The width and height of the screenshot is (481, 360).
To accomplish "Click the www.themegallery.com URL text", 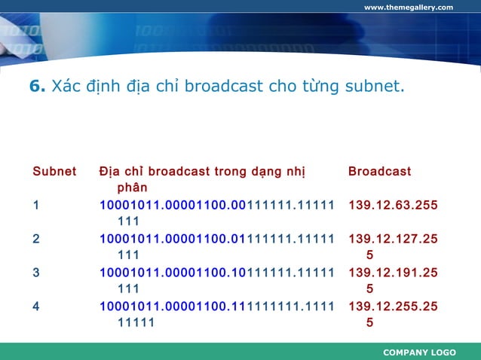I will click(408, 8).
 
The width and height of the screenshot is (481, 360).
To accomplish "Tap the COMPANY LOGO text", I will click(419, 352).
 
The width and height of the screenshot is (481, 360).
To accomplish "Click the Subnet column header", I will click(54, 172).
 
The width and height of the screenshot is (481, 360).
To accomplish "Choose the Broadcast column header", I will click(379, 172).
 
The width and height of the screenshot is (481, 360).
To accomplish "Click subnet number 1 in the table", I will click(35, 205).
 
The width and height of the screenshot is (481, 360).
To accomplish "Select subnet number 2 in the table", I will click(36, 239).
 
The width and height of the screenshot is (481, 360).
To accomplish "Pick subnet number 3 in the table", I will click(36, 272).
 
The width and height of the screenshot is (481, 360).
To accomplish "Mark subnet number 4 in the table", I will click(36, 306).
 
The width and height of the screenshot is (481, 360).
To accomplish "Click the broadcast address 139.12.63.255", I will click(393, 205).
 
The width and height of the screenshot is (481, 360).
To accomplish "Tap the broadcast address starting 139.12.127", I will click(393, 239).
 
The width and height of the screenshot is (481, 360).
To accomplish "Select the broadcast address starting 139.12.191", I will click(393, 272).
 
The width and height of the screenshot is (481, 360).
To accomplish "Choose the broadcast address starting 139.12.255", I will click(393, 306).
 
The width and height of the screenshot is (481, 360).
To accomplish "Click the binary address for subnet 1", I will click(216, 205).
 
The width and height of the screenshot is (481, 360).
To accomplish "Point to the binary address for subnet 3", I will click(216, 272).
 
